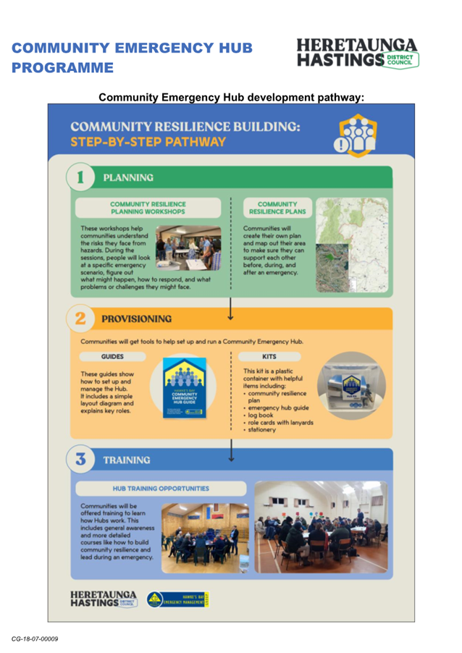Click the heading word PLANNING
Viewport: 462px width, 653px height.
128,177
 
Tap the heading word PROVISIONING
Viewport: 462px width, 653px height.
138,319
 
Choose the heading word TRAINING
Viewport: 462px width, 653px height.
127,460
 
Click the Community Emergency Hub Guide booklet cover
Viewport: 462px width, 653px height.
184,388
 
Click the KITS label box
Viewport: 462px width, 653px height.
270,357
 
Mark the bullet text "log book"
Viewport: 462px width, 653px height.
261,416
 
